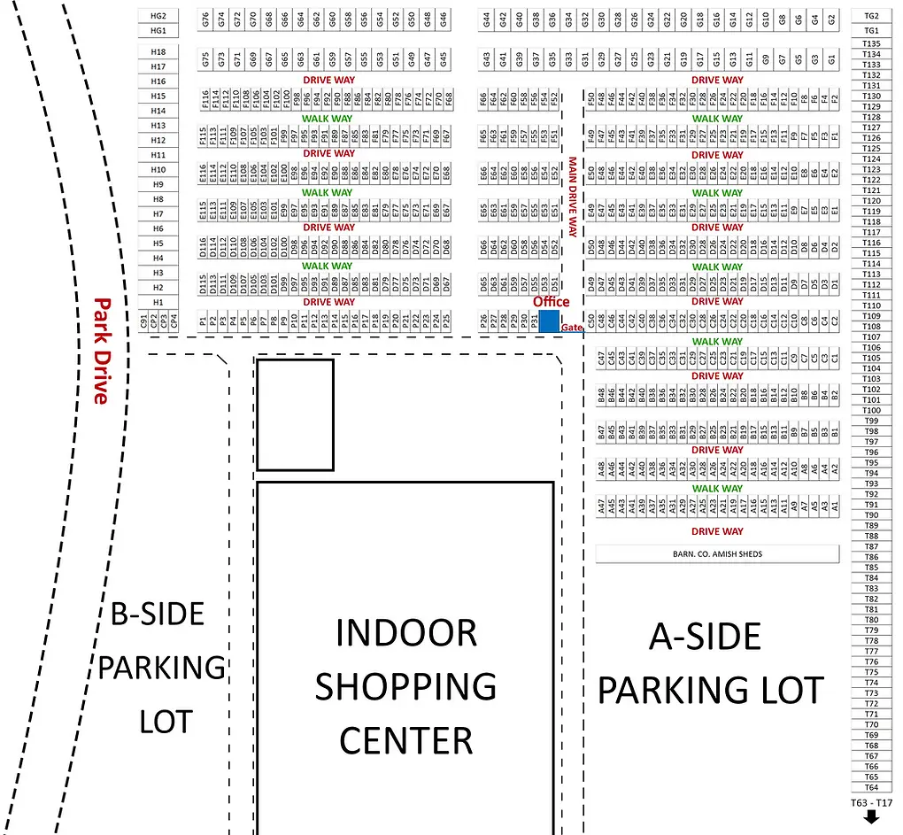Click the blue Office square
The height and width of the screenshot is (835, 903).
[550, 321]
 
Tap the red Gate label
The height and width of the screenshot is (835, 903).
[572, 328]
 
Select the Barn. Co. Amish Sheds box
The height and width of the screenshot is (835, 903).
[716, 554]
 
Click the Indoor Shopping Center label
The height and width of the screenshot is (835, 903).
[405, 686]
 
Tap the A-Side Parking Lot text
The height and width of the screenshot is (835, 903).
[710, 663]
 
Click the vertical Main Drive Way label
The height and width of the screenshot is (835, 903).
[572, 197]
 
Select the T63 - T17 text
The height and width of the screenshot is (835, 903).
[871, 803]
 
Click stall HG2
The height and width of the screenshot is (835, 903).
[158, 16]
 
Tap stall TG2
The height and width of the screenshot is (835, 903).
[871, 16]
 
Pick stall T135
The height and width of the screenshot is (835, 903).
[871, 43]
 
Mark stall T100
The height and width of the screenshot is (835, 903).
[871, 410]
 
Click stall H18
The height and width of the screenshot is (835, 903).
[158, 51]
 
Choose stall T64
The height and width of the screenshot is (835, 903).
[871, 787]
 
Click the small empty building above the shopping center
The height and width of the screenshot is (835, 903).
[295, 414]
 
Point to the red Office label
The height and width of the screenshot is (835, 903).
[551, 302]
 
